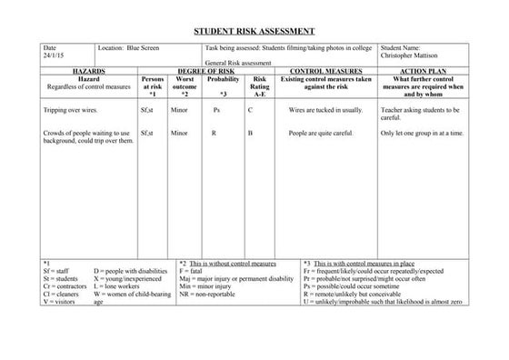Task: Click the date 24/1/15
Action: point(53,55)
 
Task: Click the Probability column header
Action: point(223,79)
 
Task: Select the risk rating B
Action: point(250,133)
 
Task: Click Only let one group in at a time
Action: point(422,133)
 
